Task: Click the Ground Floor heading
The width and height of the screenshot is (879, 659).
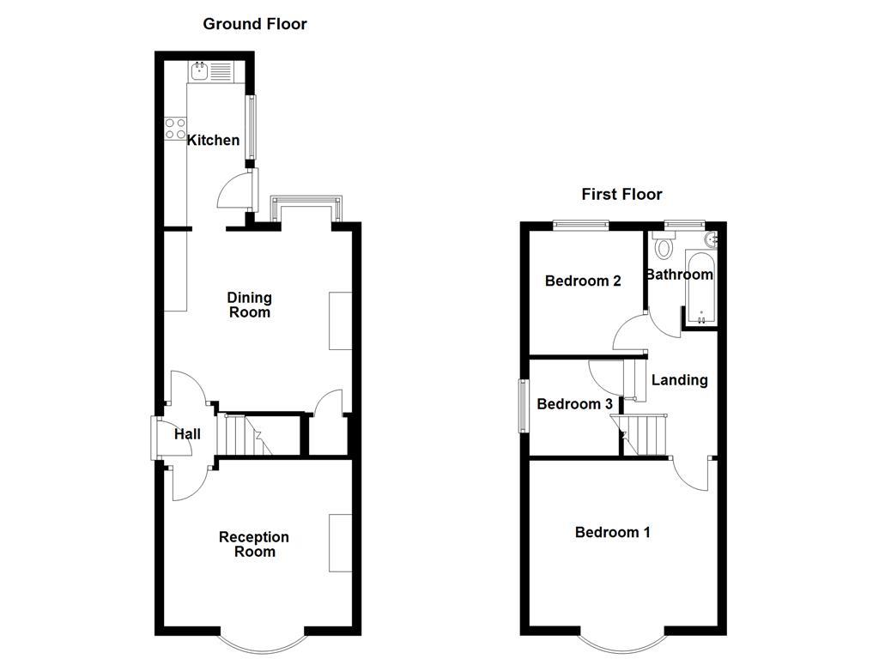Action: (x=255, y=24)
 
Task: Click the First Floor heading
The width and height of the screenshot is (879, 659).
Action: (x=621, y=194)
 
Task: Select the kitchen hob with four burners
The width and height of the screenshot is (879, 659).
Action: (x=175, y=129)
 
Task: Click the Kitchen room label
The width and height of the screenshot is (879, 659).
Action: (x=214, y=140)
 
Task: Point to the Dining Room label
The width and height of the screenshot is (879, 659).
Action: (x=249, y=305)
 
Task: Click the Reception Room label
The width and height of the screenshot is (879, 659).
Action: (x=254, y=544)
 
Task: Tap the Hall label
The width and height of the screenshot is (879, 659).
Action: (x=187, y=434)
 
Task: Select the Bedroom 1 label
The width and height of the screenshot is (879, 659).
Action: (x=612, y=532)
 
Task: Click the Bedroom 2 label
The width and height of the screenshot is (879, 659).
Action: (x=583, y=281)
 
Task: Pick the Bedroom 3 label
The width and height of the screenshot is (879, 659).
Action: (x=574, y=404)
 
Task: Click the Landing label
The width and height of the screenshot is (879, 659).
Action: (x=680, y=379)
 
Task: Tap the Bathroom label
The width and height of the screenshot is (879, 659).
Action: (x=679, y=275)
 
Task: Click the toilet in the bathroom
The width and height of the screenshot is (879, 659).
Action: (x=663, y=247)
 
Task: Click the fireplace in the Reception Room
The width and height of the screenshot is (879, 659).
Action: (x=341, y=542)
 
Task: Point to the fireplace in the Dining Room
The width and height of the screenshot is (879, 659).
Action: (x=341, y=320)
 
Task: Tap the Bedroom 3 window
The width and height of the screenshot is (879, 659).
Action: (x=522, y=406)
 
